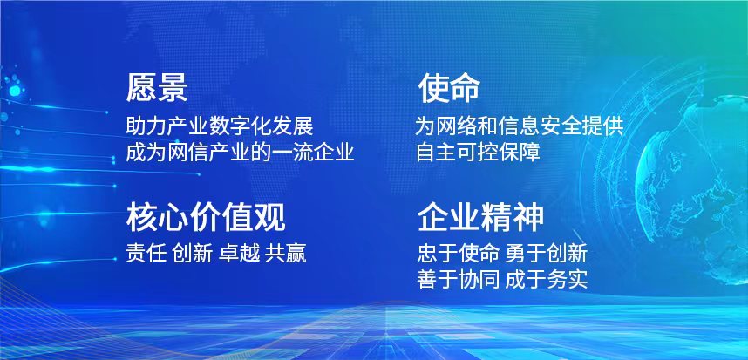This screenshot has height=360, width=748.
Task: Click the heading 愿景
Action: [x=157, y=88]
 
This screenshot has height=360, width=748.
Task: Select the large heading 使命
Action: [x=449, y=88]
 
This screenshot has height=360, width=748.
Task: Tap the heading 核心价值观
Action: [x=206, y=217]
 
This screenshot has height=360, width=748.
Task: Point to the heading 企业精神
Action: [x=480, y=217]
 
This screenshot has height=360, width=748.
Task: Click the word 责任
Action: [x=146, y=253]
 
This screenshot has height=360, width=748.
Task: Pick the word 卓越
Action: [x=240, y=253]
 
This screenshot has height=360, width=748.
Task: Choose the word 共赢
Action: [x=286, y=253]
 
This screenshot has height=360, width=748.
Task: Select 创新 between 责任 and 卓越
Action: [x=193, y=253]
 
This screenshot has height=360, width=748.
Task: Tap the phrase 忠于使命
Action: [x=459, y=253]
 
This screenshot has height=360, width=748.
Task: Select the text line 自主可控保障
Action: [x=478, y=153]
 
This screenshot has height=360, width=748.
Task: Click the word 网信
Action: [x=187, y=153]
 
